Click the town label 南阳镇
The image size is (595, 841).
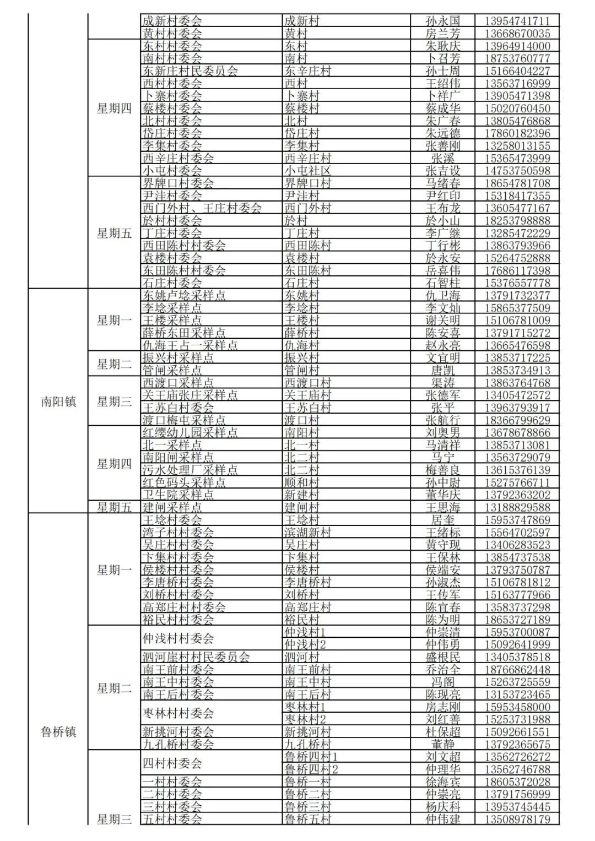point(58,401)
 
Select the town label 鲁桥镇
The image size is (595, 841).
point(58,731)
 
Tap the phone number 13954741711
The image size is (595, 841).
point(517,21)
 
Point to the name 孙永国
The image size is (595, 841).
point(442,21)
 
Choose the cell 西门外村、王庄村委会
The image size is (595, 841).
point(202,208)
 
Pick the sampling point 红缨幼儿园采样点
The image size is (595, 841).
point(190,432)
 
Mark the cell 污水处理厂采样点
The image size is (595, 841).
point(190,470)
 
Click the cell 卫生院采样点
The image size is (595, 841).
point(178,495)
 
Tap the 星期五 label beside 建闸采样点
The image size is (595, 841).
point(115,507)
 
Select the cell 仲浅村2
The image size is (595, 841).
point(305,644)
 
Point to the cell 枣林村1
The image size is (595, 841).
point(305,707)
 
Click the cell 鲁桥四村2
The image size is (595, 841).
point(311,769)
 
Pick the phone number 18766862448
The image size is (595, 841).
point(517,670)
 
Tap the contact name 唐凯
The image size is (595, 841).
point(442,370)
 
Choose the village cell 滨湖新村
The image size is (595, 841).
point(307,533)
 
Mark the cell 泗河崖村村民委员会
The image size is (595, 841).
point(196,657)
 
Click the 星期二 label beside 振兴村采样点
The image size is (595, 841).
point(115,363)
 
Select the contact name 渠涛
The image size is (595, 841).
point(442,383)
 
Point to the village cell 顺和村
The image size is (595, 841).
point(301,482)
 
